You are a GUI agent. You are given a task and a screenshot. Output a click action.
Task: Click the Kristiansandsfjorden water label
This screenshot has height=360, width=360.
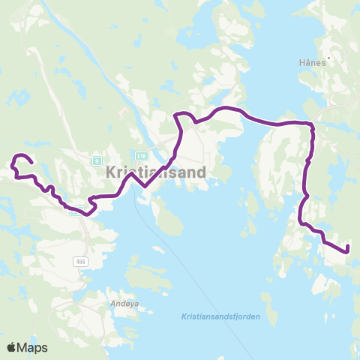click(x=220, y=316)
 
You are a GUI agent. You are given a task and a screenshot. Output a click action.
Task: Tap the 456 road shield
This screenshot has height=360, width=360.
click(x=80, y=261)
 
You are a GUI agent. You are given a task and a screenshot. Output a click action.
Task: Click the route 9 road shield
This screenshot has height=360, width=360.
click(x=96, y=160)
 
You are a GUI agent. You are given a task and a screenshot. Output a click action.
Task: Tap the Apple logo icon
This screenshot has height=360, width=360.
click(x=12, y=347)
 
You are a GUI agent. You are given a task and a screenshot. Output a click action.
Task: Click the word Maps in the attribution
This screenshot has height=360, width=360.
click(x=34, y=347)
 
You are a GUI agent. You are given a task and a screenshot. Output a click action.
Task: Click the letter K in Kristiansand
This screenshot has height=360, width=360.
click(x=101, y=172)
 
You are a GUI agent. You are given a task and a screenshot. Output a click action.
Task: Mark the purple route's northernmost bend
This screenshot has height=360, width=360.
click(x=178, y=114)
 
